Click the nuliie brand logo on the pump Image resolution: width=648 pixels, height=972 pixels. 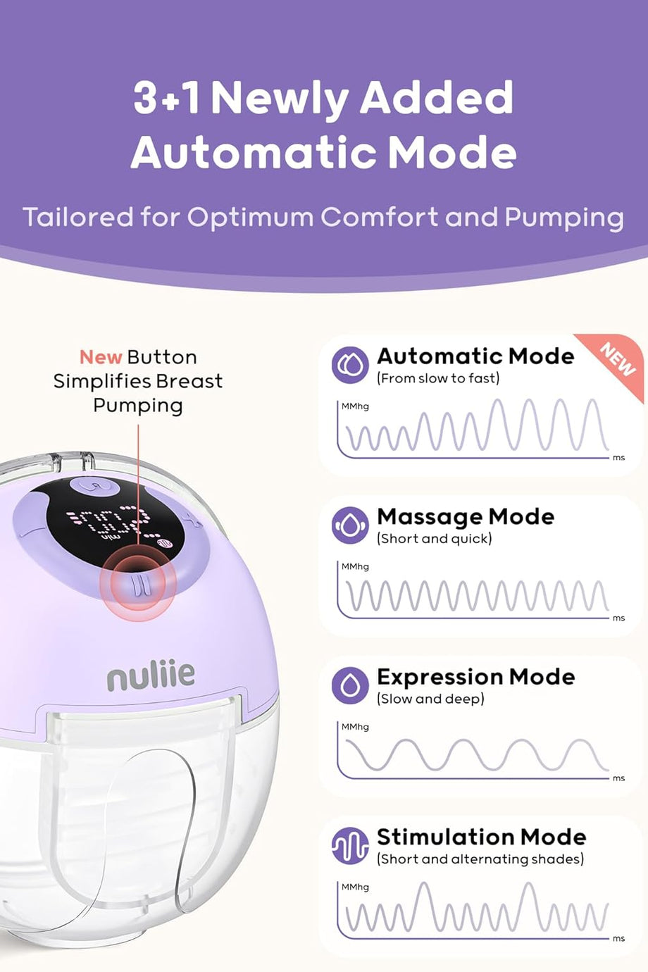[x=151, y=675]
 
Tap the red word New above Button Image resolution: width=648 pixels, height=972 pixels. [x=101, y=357]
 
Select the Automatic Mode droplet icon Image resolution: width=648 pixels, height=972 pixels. [x=350, y=365]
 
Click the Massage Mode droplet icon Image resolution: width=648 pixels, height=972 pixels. [x=350, y=525]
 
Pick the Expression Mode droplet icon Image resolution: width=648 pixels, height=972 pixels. [x=350, y=685]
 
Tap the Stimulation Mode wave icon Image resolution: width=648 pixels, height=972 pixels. [x=350, y=846]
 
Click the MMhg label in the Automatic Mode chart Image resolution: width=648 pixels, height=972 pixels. [x=355, y=406]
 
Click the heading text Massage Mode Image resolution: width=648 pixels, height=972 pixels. [x=466, y=517]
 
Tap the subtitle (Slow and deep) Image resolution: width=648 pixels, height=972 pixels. [x=430, y=699]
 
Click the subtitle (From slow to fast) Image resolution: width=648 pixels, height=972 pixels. [x=438, y=378]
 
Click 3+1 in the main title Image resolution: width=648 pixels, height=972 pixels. [x=167, y=98]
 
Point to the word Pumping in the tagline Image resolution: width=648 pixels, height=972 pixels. [x=564, y=218]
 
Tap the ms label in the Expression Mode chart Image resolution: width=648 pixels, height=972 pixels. [x=618, y=779]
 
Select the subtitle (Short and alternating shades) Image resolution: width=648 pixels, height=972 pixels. [x=480, y=859]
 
